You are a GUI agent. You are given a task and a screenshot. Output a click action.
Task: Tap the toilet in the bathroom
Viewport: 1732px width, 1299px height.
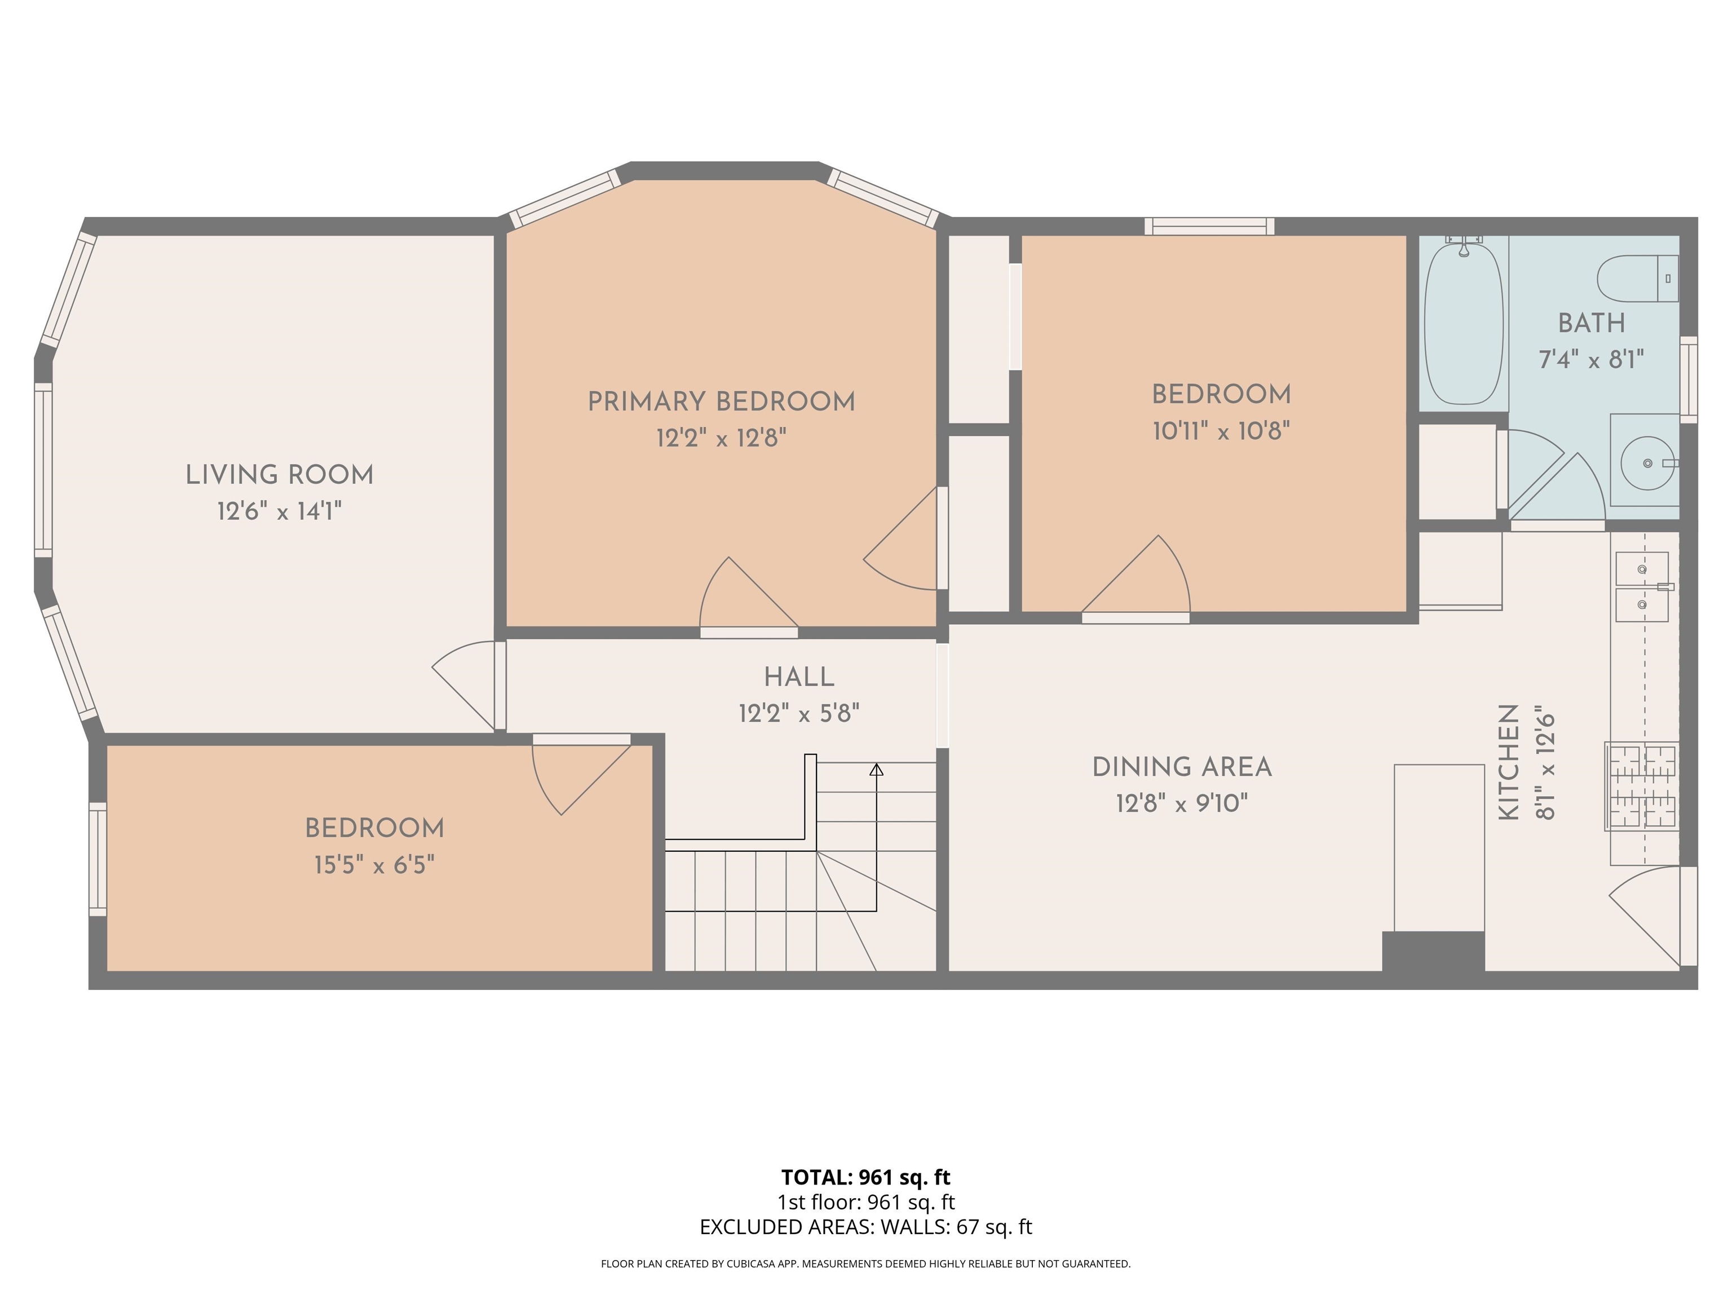(1637, 279)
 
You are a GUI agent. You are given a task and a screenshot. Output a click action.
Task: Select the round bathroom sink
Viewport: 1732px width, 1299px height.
(1647, 463)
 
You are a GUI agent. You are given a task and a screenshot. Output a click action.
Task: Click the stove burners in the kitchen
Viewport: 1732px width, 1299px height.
(1641, 786)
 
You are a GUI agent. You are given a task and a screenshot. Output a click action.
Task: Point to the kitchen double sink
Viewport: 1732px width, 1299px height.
(1641, 587)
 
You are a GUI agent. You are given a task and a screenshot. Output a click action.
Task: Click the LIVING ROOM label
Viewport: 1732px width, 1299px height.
(280, 475)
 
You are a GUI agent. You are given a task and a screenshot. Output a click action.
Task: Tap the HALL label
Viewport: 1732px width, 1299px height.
(799, 677)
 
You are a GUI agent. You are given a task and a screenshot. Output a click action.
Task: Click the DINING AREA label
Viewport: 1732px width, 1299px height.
(1182, 767)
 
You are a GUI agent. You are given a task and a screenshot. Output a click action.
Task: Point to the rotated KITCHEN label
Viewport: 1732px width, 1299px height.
(1509, 762)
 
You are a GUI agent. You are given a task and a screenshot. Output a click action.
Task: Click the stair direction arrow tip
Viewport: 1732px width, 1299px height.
(876, 769)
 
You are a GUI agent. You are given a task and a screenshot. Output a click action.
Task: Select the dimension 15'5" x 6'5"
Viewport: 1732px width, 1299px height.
(374, 865)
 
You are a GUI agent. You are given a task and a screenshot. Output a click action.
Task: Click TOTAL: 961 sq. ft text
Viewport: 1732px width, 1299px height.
(865, 1177)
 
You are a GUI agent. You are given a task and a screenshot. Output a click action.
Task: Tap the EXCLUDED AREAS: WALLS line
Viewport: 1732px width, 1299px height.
(865, 1227)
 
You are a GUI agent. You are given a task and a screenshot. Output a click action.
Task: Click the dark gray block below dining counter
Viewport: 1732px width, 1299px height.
(1433, 951)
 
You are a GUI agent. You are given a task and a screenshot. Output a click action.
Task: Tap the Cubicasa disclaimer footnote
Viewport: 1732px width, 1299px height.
(865, 1264)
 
